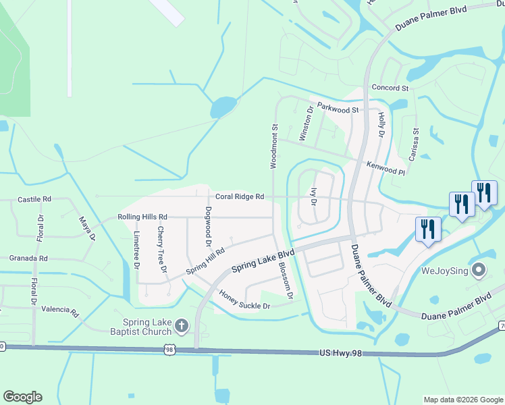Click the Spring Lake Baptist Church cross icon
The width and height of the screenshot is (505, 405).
pos(181,327)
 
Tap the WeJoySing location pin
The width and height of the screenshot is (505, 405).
pos(479,271)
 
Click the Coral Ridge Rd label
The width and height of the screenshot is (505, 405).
pos(239,197)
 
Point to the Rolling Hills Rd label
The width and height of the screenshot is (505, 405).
pos(142,217)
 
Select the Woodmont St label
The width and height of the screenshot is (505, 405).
pos(274,145)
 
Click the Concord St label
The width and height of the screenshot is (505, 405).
pos(390,88)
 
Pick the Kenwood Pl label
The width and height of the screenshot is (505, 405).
pos(385,167)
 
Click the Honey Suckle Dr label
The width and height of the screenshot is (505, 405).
pos(244,301)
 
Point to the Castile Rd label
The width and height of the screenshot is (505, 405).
pos(34,200)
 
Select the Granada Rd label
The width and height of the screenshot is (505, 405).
pos(28,258)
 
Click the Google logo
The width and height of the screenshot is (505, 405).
pos(22,397)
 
